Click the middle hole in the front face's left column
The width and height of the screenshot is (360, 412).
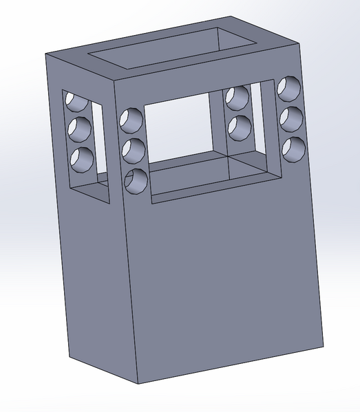(x=132, y=149)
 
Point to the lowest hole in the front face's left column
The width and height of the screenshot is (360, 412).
(x=136, y=180)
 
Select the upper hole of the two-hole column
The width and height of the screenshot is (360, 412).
(x=238, y=99)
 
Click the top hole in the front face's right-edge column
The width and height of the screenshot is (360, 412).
(x=290, y=87)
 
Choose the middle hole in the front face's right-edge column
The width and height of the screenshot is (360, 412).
(x=291, y=117)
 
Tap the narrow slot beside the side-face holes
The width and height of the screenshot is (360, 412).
(x=99, y=141)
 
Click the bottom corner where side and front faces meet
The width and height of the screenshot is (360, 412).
(x=138, y=383)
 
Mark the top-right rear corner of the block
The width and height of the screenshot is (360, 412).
(x=301, y=43)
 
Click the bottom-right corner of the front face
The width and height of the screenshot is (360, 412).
(x=322, y=343)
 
